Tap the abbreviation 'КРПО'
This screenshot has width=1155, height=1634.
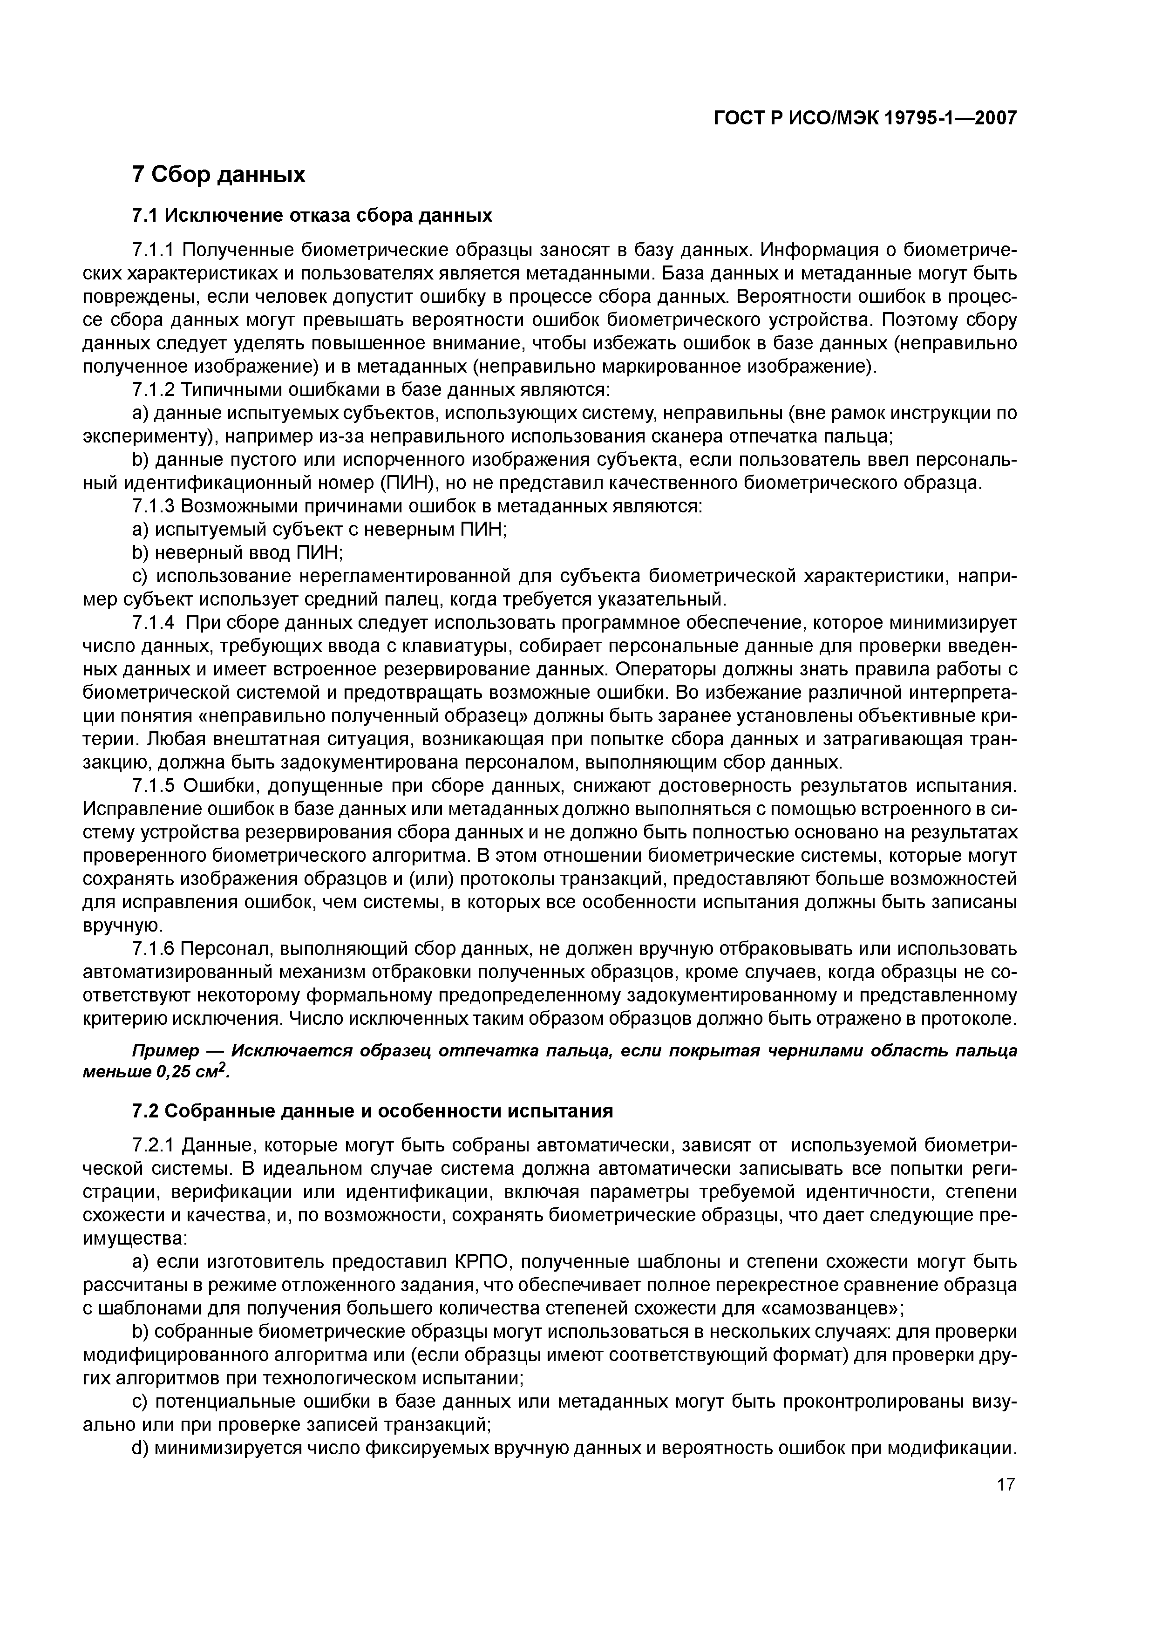(484, 1262)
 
